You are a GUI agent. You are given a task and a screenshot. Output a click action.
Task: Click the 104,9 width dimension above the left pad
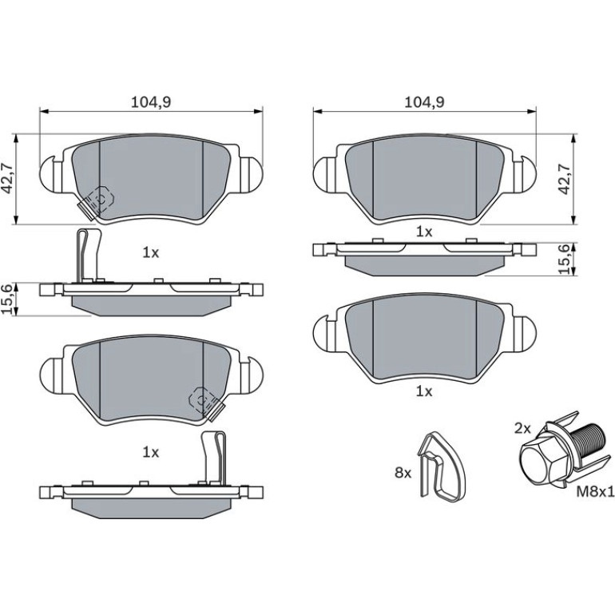151,102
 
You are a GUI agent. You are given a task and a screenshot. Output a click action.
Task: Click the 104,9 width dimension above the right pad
424,102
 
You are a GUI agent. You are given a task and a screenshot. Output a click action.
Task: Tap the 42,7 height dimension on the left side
8,179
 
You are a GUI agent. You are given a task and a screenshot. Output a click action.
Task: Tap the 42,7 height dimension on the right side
565,179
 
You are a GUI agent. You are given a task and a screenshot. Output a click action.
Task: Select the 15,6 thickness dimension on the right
565,260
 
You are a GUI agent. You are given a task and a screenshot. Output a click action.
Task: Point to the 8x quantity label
403,474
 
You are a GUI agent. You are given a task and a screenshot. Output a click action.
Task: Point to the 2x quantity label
522,429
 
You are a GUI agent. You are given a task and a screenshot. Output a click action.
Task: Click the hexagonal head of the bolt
542,462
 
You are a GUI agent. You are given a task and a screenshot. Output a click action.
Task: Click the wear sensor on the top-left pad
96,201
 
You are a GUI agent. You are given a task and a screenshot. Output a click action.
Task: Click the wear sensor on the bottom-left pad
206,404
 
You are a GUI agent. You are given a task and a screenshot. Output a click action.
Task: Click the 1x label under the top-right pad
424,232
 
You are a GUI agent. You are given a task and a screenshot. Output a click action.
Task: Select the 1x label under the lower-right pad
424,391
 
